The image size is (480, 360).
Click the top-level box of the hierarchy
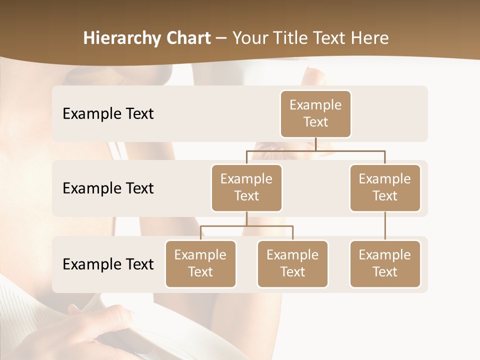tap(315, 114)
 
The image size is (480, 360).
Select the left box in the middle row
tap(246, 188)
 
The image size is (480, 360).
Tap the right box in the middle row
tap(385, 188)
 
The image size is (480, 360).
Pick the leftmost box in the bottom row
tap(200, 264)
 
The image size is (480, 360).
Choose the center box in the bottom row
tap(292, 264)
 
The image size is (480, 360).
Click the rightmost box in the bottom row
tap(385, 264)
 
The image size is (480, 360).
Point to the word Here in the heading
tap(370, 38)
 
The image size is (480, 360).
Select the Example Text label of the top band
tap(108, 114)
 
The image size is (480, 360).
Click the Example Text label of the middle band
tap(108, 188)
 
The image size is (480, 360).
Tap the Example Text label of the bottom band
tap(108, 264)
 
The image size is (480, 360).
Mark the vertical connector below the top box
tap(315, 144)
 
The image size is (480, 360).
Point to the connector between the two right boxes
tap(385, 226)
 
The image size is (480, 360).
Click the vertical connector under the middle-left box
tap(246, 219)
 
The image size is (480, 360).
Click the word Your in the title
tap(251, 38)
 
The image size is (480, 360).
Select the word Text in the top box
tap(315, 122)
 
